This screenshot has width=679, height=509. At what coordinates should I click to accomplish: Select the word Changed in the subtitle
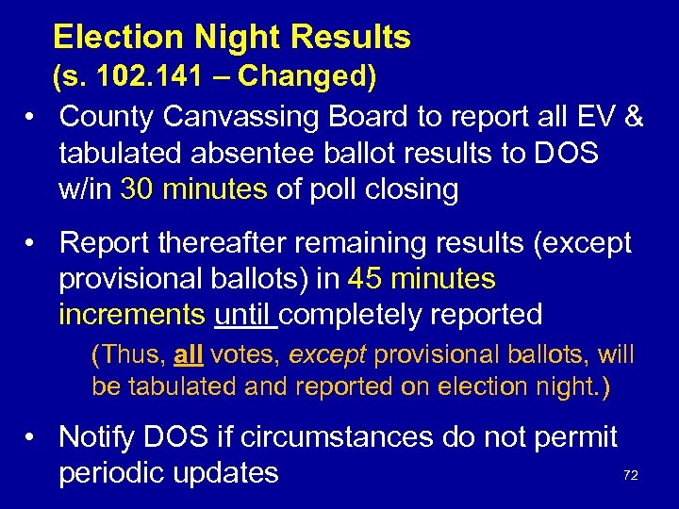(x=308, y=76)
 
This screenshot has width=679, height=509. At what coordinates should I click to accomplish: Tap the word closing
(x=415, y=189)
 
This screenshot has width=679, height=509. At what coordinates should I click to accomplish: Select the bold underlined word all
(x=189, y=355)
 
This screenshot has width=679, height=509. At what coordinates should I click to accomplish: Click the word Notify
(x=103, y=436)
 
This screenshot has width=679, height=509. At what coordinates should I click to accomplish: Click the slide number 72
(x=631, y=476)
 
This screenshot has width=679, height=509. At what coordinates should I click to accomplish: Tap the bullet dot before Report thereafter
(x=33, y=243)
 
